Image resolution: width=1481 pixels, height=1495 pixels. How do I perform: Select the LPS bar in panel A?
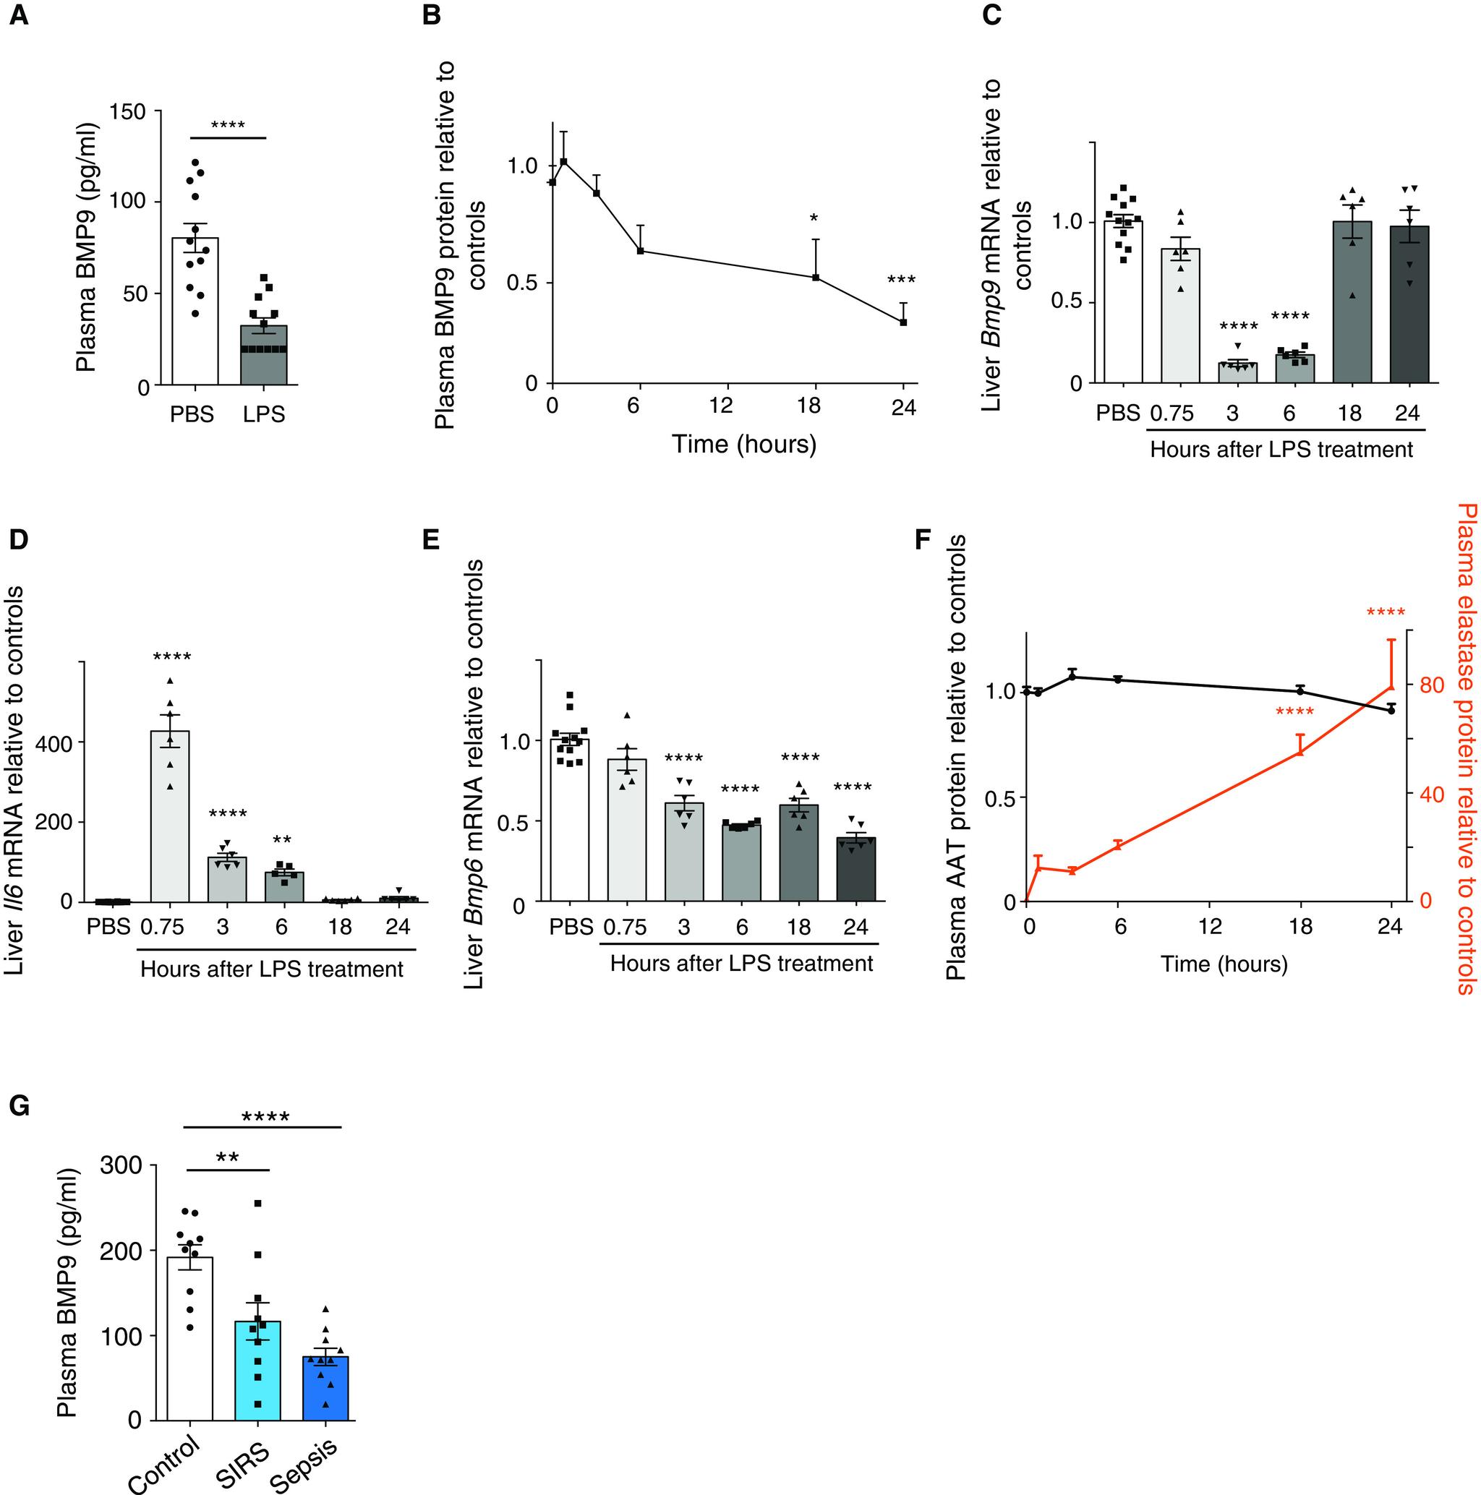(x=264, y=355)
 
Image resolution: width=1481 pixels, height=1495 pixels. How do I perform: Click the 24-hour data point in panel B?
(x=903, y=322)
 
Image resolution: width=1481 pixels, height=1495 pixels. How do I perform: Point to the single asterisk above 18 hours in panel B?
(x=814, y=220)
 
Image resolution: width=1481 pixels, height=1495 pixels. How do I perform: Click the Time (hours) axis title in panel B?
(x=743, y=444)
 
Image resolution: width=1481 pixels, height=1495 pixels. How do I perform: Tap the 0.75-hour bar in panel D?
(x=169, y=816)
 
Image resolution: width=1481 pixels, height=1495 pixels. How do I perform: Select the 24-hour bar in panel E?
(x=856, y=870)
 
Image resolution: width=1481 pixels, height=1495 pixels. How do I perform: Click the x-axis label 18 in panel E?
(x=799, y=927)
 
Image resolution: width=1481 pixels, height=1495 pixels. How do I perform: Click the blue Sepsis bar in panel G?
(x=326, y=1388)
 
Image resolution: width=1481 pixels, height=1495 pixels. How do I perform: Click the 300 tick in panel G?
(x=122, y=1165)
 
